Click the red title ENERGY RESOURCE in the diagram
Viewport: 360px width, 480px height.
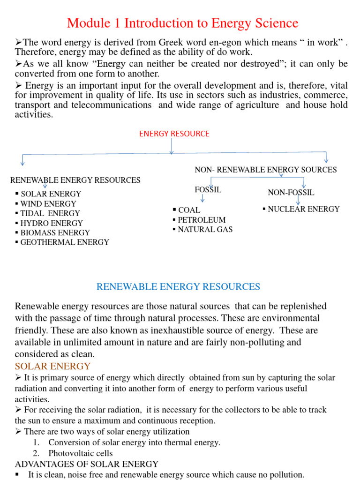174,134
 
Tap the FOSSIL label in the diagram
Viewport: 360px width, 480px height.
208,190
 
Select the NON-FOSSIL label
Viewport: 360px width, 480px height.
291,193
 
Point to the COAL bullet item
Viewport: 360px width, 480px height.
189,210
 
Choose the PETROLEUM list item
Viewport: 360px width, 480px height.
202,220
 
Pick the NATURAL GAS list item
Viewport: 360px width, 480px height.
205,230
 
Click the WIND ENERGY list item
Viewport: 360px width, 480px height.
48,204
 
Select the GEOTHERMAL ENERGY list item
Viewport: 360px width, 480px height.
65,242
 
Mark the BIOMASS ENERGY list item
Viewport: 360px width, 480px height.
55,232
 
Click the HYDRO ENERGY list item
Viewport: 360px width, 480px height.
52,223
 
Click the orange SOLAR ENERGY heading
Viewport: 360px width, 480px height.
52,366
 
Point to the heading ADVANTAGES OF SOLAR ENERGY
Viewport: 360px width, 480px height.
87,464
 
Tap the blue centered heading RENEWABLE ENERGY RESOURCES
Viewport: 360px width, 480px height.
178,286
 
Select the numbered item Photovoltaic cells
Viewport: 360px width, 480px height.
80,453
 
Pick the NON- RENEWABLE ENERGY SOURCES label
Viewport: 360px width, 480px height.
265,170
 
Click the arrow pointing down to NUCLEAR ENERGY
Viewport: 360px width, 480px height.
298,200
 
